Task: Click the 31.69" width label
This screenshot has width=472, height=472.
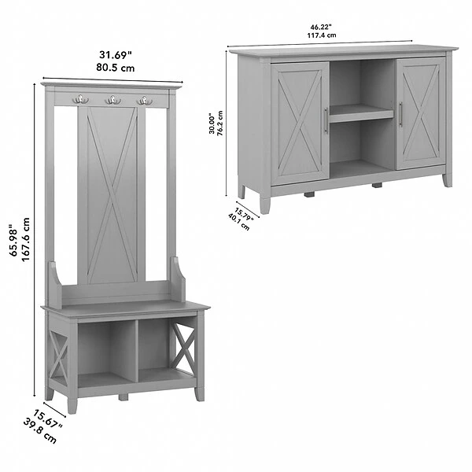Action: [116, 55]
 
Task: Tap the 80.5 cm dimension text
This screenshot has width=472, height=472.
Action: [116, 68]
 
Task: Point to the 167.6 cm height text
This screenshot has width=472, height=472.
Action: [26, 240]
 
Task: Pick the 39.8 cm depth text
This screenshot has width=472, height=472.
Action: [40, 431]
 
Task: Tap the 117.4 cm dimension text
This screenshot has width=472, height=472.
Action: [322, 35]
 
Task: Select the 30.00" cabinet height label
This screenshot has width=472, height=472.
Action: [212, 124]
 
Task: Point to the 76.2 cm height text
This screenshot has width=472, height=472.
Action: [220, 124]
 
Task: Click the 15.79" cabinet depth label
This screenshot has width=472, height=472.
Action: [244, 214]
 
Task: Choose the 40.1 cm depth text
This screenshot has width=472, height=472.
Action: [239, 222]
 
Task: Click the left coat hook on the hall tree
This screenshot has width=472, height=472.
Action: [79, 99]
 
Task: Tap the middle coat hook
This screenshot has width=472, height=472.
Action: [112, 99]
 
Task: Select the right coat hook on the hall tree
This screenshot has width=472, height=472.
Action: [145, 100]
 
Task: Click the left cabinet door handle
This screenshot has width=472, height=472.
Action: [326, 120]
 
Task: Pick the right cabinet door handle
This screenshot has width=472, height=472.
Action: [400, 114]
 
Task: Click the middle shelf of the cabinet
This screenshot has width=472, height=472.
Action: [361, 113]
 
